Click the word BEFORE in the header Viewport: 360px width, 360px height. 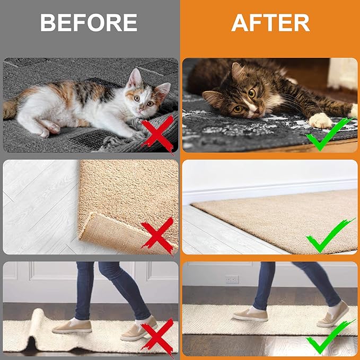(x=89, y=23)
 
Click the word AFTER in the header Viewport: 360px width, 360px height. (x=270, y=23)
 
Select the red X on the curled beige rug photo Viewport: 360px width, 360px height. (x=157, y=235)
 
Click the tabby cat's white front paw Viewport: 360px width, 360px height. (x=321, y=120)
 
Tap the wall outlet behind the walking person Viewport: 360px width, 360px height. (x=232, y=279)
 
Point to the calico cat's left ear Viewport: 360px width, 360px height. (x=134, y=78)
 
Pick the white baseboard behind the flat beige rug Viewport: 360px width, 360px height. (x=265, y=192)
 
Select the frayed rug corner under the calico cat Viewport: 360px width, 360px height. (x=114, y=143)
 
